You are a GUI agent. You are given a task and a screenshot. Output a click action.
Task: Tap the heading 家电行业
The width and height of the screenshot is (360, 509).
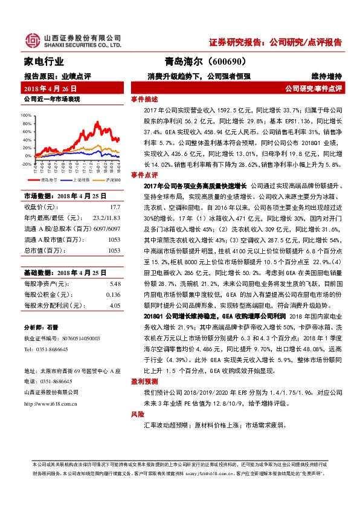pos(43,62)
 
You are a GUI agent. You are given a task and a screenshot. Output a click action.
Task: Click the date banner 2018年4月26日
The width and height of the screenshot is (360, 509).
pos(50,88)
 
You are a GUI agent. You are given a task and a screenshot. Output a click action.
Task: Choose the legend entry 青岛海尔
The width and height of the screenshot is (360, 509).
pos(48,180)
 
